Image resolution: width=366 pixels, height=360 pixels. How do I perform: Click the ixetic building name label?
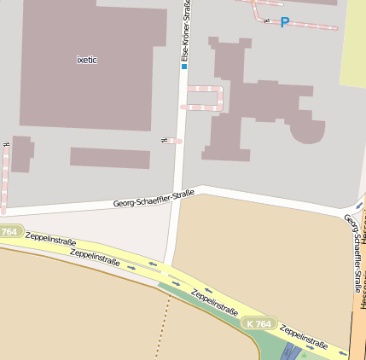[x=88, y=60]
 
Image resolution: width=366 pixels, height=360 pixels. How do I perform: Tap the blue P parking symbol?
[x=285, y=23]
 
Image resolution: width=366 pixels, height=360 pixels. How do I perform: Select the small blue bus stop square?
[x=183, y=66]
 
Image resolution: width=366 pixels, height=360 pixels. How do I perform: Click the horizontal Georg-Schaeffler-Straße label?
[x=154, y=200]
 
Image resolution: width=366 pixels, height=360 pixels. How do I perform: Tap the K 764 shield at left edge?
[x=9, y=232]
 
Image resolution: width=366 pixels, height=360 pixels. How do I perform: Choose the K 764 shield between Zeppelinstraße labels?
[x=257, y=324]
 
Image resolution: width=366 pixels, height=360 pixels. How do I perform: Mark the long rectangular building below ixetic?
[x=110, y=158]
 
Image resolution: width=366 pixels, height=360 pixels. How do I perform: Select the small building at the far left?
[x=21, y=154]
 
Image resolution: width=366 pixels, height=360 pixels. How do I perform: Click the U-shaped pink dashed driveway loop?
[x=206, y=97]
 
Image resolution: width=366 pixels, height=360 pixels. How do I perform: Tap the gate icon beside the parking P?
[x=267, y=20]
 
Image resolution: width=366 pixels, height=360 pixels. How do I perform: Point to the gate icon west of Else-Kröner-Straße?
[x=163, y=140]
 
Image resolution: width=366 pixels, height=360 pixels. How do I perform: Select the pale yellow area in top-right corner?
[x=353, y=43]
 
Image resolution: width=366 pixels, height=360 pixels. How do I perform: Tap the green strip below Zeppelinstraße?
[x=273, y=345]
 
